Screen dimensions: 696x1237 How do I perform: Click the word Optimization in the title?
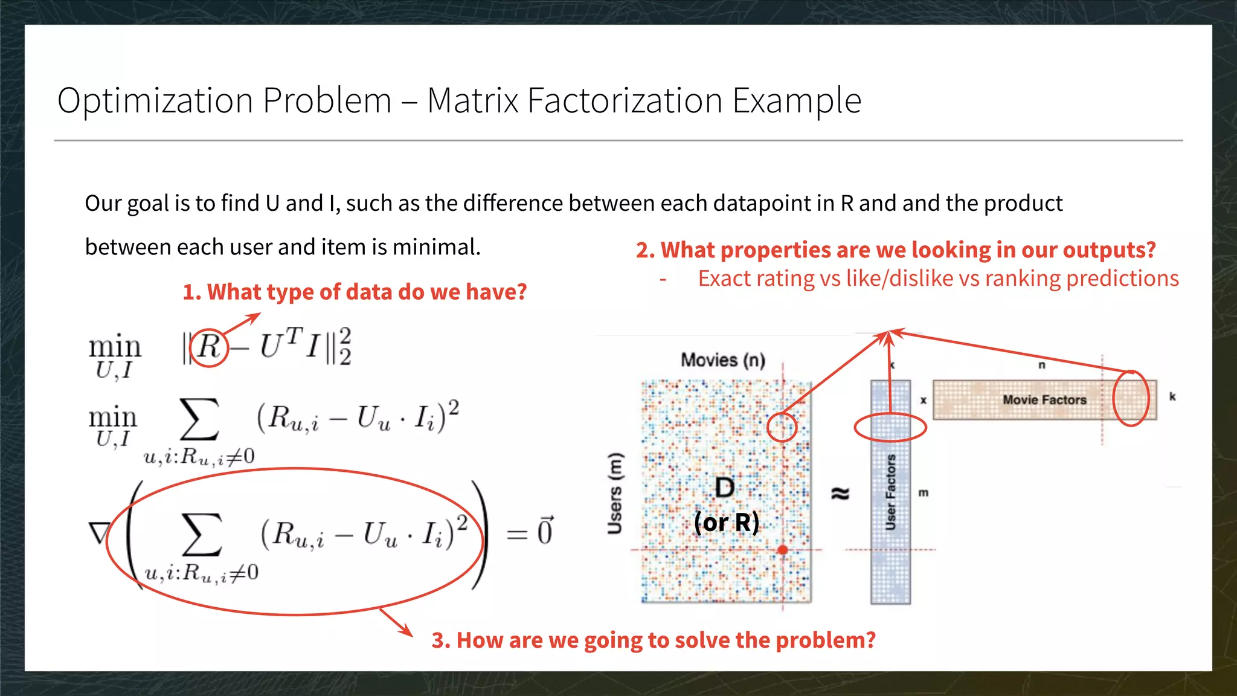click(155, 101)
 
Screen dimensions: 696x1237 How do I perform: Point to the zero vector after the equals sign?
click(545, 532)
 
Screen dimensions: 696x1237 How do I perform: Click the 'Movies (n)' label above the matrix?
click(723, 360)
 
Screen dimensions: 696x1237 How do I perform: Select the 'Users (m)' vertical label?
click(615, 493)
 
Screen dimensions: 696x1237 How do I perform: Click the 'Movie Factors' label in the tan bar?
click(1044, 400)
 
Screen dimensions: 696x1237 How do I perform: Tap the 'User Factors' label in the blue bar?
click(890, 492)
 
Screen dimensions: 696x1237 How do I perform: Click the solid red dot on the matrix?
click(783, 550)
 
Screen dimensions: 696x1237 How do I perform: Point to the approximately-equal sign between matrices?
click(840, 494)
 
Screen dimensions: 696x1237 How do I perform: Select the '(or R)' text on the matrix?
click(726, 523)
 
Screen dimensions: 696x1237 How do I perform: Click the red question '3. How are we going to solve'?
click(654, 640)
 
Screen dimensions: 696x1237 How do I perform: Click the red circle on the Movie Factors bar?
click(1130, 399)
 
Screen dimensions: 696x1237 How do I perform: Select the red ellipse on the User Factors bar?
click(890, 428)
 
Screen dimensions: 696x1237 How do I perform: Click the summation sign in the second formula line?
click(199, 419)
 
